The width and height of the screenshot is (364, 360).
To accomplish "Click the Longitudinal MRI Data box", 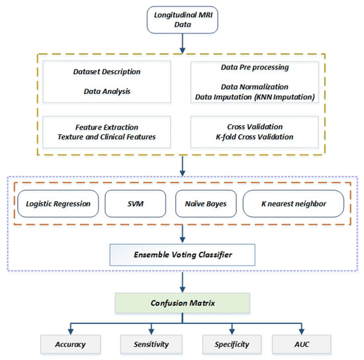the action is point(183,20).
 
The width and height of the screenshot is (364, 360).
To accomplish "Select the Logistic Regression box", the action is point(58,204).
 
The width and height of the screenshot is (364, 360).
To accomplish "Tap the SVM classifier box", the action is point(135,204).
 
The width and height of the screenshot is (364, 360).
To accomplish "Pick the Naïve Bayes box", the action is point(206,204).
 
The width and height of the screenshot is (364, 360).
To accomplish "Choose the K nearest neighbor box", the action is point(293,204).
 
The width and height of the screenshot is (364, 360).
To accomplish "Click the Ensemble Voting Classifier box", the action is point(183,255).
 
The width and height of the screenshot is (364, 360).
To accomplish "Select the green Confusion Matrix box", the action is point(183,303).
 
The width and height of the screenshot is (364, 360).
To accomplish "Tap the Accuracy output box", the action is point(71,344).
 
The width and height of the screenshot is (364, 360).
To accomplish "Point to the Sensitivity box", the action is point(152,344).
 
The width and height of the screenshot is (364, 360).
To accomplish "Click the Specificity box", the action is point(232,344).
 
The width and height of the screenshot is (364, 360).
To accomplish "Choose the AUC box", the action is point(302,344).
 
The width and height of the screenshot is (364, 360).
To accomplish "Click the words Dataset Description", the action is point(107,71).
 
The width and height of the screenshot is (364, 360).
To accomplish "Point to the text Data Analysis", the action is point(107,91).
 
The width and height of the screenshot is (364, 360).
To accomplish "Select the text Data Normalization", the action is point(255,87).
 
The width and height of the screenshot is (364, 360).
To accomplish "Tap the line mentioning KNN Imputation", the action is point(255,97).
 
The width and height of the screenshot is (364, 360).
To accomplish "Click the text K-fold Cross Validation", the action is point(255,137).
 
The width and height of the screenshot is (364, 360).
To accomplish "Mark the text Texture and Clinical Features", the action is point(107,137).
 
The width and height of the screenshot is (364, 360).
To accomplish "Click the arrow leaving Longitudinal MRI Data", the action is point(183,44).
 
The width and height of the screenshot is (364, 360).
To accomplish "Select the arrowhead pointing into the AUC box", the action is point(302,332).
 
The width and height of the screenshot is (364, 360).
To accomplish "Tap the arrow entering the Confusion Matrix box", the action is point(183,283).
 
